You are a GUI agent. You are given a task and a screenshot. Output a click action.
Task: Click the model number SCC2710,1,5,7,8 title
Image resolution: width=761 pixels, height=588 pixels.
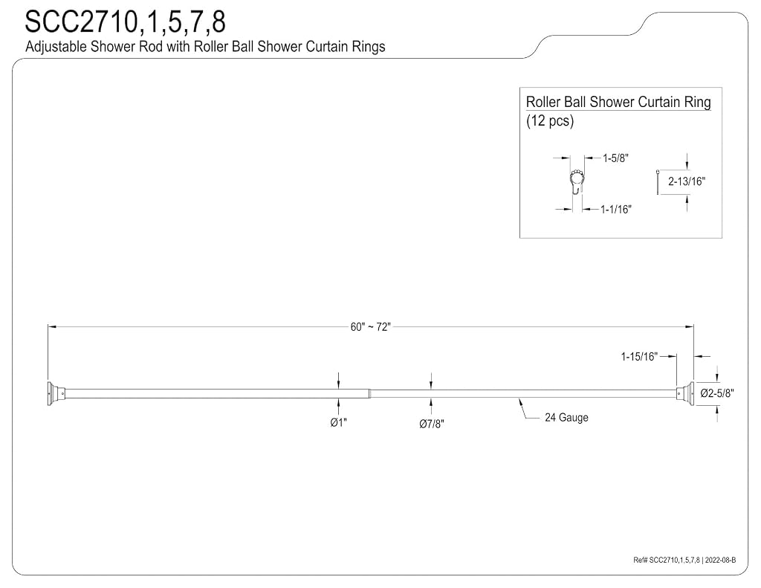[x=125, y=22]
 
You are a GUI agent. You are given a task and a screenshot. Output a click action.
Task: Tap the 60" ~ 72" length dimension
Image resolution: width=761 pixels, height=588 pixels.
[x=370, y=327]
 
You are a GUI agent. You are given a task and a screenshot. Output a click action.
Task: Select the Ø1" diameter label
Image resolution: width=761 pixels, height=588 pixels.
[x=338, y=422]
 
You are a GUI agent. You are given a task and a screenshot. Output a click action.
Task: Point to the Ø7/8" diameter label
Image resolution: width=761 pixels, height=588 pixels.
[x=432, y=424]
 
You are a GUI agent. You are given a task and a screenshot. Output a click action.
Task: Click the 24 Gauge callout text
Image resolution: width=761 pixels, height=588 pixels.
[x=566, y=418]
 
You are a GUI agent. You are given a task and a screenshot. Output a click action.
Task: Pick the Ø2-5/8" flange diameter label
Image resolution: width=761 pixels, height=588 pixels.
[x=717, y=392]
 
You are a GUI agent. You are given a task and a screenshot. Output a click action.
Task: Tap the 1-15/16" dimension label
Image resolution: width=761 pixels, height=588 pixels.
[x=639, y=357]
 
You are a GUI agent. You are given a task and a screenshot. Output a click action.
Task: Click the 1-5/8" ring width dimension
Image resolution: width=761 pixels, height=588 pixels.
[x=615, y=158]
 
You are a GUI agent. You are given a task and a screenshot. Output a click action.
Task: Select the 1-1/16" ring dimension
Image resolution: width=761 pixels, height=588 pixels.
[x=615, y=210]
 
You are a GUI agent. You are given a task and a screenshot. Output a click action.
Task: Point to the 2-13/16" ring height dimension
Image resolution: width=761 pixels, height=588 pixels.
[x=686, y=181]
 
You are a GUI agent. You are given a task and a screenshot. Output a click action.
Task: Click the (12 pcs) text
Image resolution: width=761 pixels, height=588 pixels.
[x=550, y=120]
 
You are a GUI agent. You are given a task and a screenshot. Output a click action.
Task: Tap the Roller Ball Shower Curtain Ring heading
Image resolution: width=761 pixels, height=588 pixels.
[x=618, y=102]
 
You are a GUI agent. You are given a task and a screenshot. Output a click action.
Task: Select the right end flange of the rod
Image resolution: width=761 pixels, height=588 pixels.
[x=684, y=393]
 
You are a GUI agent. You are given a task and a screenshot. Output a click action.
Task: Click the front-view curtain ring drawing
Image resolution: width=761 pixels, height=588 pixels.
[x=577, y=181]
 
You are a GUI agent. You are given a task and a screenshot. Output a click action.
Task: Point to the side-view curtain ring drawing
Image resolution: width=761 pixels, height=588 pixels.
[x=657, y=182]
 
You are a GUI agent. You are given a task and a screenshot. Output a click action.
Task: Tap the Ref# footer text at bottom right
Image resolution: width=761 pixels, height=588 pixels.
[x=684, y=560]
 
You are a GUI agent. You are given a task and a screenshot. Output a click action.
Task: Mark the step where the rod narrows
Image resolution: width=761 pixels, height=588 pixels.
[x=370, y=394]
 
